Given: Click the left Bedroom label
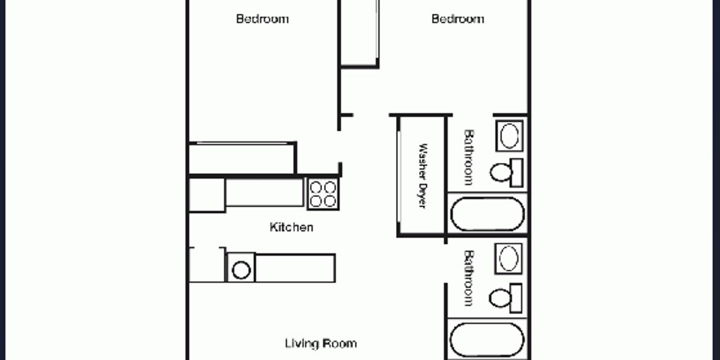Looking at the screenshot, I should tap(262, 19).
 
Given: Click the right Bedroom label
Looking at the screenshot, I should tap(458, 19).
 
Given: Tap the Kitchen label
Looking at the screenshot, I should tap(291, 227).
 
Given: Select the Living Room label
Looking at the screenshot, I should tap(321, 344).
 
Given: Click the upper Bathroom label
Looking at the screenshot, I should tap(469, 157).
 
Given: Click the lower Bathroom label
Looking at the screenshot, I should tap(469, 279).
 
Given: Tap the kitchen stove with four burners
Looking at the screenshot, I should tap(323, 194).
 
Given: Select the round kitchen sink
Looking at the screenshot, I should tap(241, 270).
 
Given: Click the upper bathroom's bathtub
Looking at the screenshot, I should tap(487, 213).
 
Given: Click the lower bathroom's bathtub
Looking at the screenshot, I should tap(487, 340).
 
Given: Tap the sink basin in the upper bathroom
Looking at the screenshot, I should tap(510, 136).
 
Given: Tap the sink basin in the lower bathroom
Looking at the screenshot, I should tap(510, 258).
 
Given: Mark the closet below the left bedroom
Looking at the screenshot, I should tap(242, 159).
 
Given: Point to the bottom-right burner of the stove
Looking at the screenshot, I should tap(330, 201).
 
